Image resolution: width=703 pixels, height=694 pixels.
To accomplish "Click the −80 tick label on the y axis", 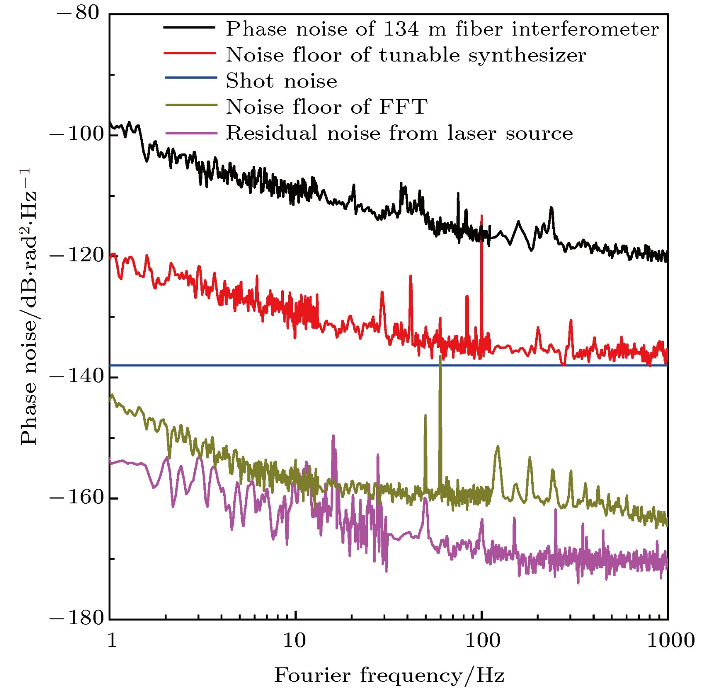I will click(78, 13).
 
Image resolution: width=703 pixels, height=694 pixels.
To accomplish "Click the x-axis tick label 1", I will click(112, 640).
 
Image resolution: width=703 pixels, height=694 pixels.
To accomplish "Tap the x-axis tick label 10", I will click(294, 640).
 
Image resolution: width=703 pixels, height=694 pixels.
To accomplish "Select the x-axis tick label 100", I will click(482, 640).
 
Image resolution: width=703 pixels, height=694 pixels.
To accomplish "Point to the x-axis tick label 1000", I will click(670, 640).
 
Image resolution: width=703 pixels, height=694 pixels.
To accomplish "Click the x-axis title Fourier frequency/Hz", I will click(389, 675).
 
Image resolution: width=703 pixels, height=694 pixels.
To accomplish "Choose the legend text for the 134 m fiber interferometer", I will click(442, 29).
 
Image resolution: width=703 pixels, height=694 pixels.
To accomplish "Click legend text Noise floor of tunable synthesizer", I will click(406, 55).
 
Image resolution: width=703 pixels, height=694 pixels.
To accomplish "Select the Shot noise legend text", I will click(281, 81).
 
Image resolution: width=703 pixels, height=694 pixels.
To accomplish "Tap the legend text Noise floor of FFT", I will click(326, 107).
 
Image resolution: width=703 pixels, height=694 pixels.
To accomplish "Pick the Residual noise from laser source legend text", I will click(399, 133).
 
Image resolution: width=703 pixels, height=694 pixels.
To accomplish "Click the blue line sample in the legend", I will click(191, 78).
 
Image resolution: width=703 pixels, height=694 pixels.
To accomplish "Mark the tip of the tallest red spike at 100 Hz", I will click(482, 216).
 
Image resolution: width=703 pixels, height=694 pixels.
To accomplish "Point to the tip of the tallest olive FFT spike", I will click(440, 355).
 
